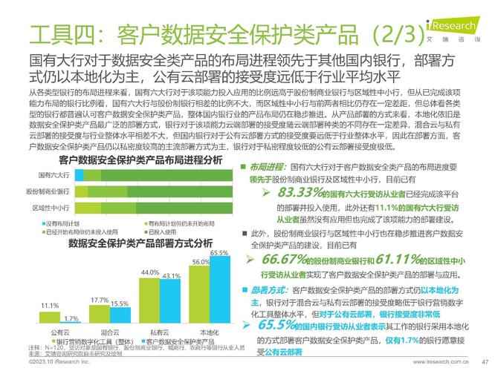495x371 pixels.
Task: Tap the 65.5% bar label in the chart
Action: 219,254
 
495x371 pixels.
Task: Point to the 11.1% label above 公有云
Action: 50,306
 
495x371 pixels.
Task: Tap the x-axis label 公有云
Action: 60,332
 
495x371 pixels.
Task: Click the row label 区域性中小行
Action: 49,207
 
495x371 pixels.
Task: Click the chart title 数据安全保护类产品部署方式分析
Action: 140,243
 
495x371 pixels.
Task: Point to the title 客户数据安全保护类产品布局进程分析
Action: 140,160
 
